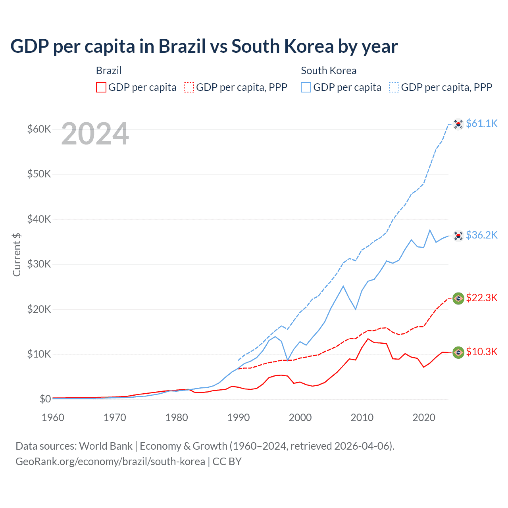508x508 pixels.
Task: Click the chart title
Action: (x=204, y=46)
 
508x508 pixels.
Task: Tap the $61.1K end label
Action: (x=481, y=123)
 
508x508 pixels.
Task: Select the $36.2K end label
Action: (x=481, y=235)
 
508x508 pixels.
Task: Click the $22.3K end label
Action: (x=481, y=298)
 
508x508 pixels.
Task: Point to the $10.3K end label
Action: (x=481, y=352)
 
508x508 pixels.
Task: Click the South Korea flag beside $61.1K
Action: (x=458, y=124)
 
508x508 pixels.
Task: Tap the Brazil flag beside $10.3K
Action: (x=458, y=352)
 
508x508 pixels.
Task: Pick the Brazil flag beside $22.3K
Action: (x=458, y=298)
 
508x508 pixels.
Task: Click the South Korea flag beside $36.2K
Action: (x=458, y=236)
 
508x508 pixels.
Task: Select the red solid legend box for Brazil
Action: (x=101, y=87)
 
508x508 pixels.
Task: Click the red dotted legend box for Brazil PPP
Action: (x=189, y=87)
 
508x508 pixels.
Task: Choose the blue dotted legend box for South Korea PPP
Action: (x=394, y=87)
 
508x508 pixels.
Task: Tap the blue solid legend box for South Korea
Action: (x=306, y=87)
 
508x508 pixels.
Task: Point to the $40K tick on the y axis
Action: (x=39, y=219)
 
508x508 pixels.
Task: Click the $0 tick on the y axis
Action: (x=45, y=399)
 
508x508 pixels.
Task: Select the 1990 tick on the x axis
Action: (x=239, y=418)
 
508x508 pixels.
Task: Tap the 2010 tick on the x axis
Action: (x=362, y=418)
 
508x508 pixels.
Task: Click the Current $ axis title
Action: (x=17, y=255)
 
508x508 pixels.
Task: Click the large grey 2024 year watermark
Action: (x=95, y=134)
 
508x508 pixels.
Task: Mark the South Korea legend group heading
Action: (x=329, y=71)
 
